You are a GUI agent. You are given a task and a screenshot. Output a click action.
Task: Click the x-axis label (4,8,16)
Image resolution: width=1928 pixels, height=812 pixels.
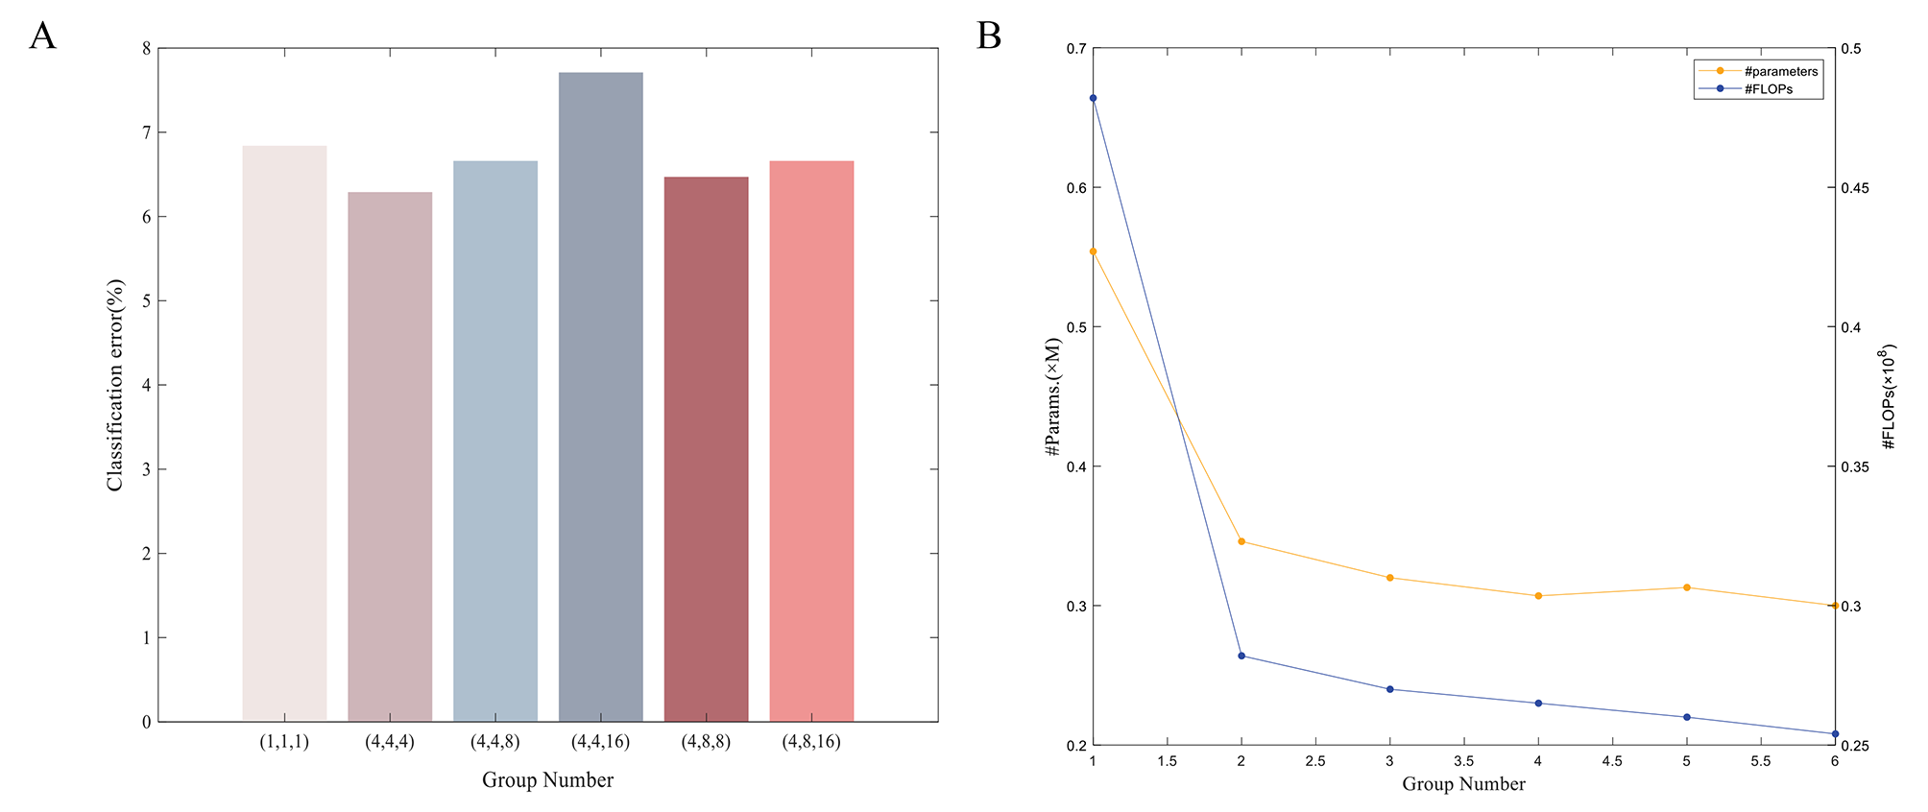pyautogui.click(x=811, y=742)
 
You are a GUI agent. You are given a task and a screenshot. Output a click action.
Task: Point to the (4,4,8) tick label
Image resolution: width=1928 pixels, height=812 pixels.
pyautogui.click(x=495, y=742)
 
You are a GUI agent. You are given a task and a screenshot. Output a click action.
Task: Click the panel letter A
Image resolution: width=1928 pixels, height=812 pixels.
pyautogui.click(x=43, y=36)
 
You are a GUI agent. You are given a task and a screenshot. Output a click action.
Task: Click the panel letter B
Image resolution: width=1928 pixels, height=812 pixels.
pyautogui.click(x=989, y=36)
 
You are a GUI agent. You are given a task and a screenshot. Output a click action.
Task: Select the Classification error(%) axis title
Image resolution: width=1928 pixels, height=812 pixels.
pyautogui.click(x=115, y=385)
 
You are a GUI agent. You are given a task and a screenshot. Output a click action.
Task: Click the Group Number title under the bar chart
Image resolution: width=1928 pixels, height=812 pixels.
pyautogui.click(x=547, y=780)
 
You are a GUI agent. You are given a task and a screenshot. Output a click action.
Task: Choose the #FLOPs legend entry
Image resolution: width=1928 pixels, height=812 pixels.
pyautogui.click(x=1768, y=89)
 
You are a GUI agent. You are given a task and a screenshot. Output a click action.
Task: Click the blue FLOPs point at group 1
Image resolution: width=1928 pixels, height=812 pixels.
pyautogui.click(x=1093, y=98)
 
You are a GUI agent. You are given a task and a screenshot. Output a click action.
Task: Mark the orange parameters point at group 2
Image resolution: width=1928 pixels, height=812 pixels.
pyautogui.click(x=1241, y=542)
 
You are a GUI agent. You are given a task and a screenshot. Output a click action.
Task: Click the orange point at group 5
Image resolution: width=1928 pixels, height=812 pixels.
pyautogui.click(x=1687, y=587)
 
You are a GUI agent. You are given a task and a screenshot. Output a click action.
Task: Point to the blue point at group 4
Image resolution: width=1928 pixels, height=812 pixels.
pyautogui.click(x=1538, y=704)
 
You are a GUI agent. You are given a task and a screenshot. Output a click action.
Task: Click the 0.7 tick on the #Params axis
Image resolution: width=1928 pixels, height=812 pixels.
pyautogui.click(x=1075, y=49)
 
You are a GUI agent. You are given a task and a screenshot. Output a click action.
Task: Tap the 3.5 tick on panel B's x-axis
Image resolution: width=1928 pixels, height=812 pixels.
pyautogui.click(x=1463, y=761)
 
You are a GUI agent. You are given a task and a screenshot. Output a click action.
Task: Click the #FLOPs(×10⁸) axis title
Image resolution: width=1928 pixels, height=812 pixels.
pyautogui.click(x=1888, y=396)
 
